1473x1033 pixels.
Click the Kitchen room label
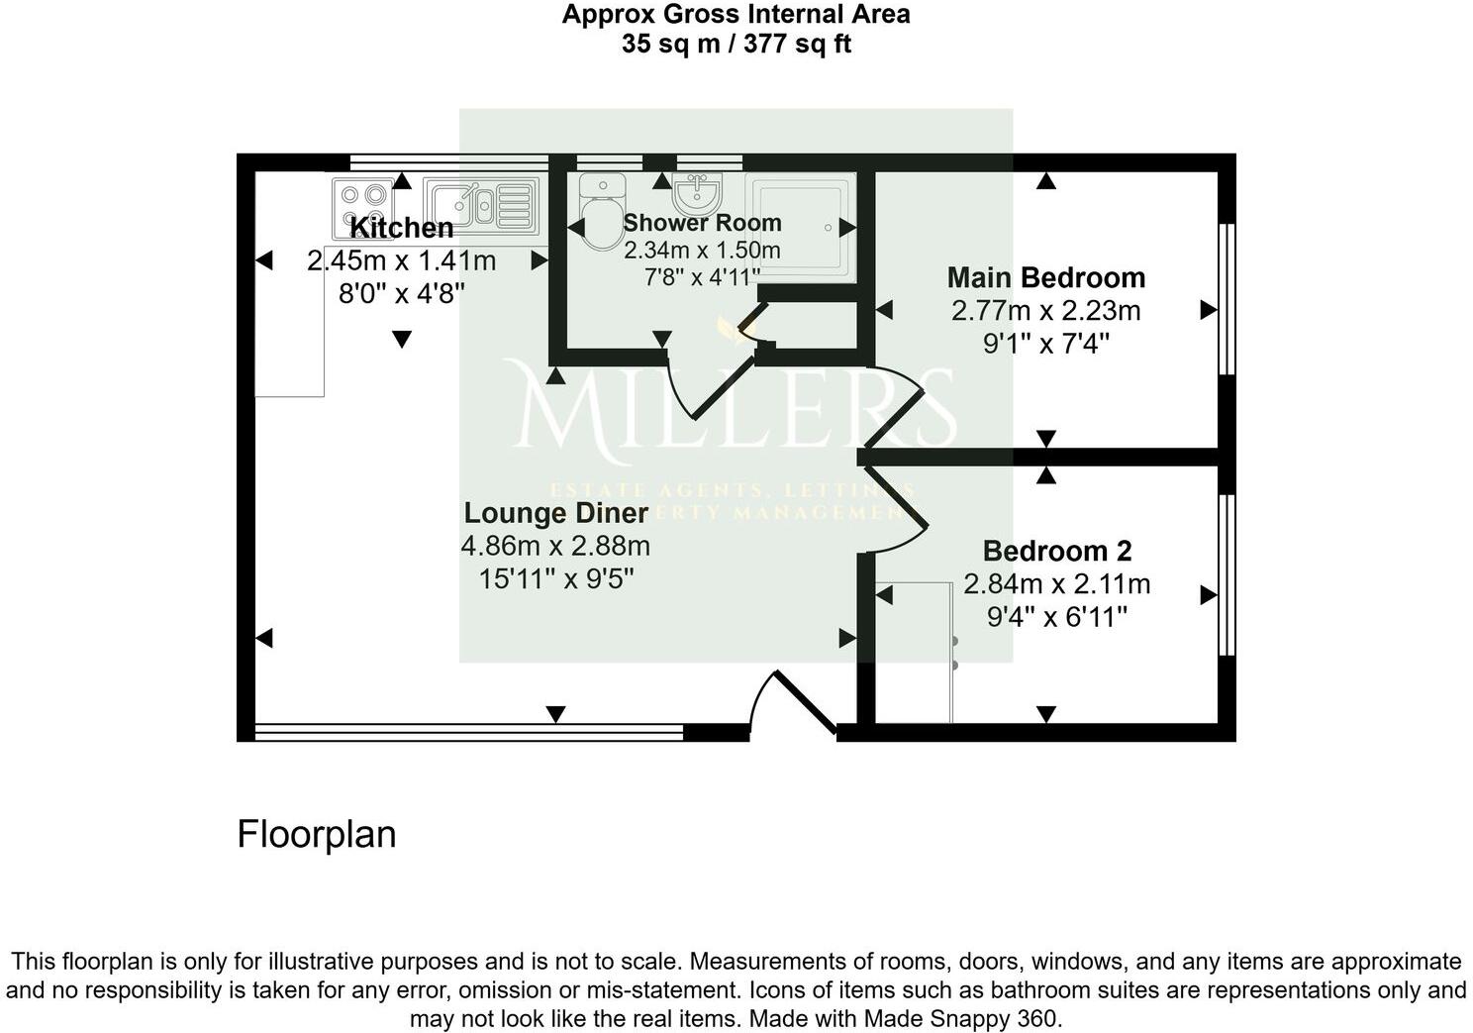coord(401,228)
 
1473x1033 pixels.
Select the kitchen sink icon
coord(481,205)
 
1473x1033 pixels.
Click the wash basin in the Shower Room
coord(697,188)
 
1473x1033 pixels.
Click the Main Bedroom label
coord(1045,277)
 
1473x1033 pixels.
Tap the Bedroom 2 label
coord(1056,551)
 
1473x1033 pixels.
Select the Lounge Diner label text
coord(555,513)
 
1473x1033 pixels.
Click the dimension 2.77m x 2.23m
coord(1045,311)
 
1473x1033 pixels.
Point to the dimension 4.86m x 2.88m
coord(555,546)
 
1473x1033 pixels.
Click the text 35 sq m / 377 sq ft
coord(736,45)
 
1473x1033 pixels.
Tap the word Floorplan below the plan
coord(316,834)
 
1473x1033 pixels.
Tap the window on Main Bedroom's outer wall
coord(1227,299)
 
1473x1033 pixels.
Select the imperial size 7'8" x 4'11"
coord(701,277)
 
